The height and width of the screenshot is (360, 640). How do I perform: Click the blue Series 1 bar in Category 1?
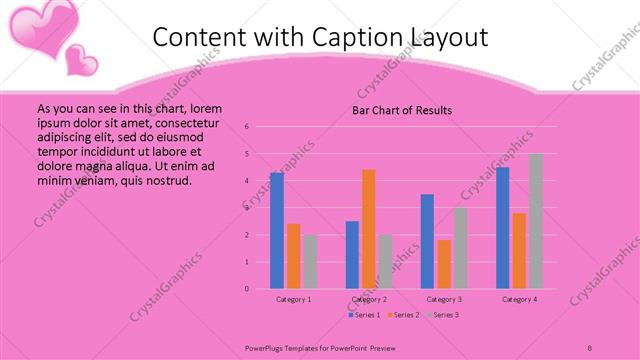pyautogui.click(x=277, y=231)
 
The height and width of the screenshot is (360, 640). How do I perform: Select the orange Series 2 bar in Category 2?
pyautogui.click(x=369, y=229)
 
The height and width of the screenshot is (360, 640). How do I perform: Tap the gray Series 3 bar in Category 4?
pyautogui.click(x=536, y=221)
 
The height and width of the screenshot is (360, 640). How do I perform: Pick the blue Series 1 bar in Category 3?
pyautogui.click(x=427, y=241)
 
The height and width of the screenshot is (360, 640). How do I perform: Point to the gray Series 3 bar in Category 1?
pyautogui.click(x=310, y=262)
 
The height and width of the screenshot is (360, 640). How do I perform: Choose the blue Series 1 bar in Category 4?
pyautogui.click(x=503, y=228)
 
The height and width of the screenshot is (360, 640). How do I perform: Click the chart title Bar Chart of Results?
pyautogui.click(x=402, y=110)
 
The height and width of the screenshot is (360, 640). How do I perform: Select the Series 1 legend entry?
pyautogui.click(x=364, y=315)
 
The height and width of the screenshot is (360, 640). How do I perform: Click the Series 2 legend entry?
pyautogui.click(x=403, y=315)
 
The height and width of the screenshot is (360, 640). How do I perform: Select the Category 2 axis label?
pyautogui.click(x=369, y=299)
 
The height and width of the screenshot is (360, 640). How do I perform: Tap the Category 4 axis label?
pyautogui.click(x=519, y=299)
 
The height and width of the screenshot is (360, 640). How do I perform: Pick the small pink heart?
pyautogui.click(x=81, y=59)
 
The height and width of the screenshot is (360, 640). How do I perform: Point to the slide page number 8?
pyautogui.click(x=590, y=346)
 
